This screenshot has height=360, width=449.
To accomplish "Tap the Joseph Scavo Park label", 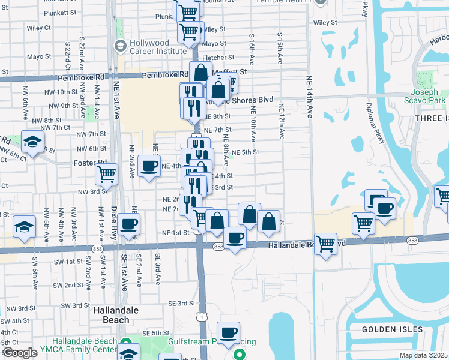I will click(429, 97).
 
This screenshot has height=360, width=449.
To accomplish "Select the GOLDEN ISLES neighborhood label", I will click(387, 329).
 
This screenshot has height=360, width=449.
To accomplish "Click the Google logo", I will click(19, 353).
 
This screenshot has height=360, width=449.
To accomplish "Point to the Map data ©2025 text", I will click(423, 355).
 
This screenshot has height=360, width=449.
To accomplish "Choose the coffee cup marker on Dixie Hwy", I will click(128, 224).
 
